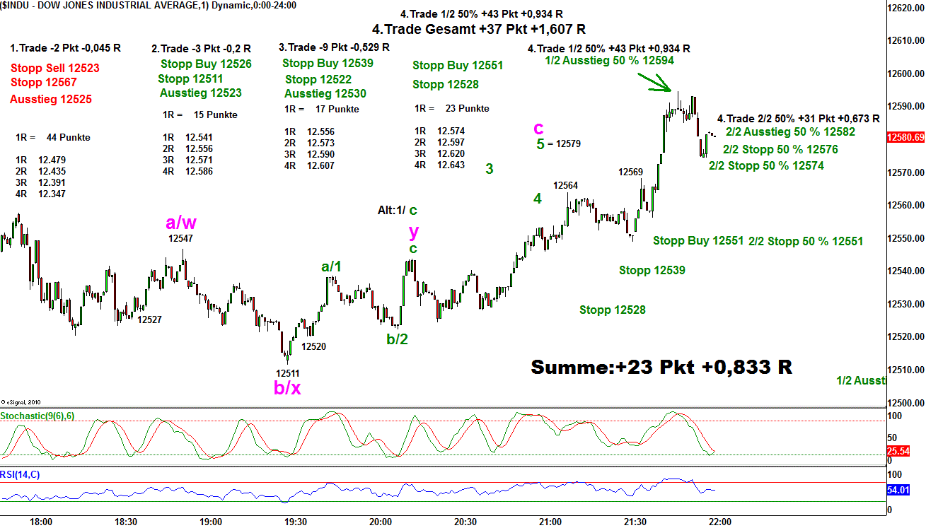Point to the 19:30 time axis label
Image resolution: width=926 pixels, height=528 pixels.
click(x=296, y=522)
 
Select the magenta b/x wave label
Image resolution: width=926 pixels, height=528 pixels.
click(x=287, y=388)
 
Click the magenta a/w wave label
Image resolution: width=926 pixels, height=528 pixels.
click(x=181, y=223)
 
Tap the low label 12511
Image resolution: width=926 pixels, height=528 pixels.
click(x=287, y=373)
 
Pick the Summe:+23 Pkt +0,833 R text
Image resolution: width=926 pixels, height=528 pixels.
click(x=661, y=368)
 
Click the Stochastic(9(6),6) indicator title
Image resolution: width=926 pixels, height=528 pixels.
click(x=37, y=416)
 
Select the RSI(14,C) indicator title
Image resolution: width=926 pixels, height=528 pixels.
click(x=21, y=474)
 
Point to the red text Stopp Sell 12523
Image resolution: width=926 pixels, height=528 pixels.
click(x=55, y=69)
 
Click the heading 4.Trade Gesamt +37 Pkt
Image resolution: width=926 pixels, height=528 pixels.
click(x=478, y=29)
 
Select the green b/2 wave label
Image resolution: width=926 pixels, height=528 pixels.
click(x=397, y=339)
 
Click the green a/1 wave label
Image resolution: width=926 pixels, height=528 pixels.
click(x=331, y=266)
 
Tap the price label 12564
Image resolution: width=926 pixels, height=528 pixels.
click(x=565, y=186)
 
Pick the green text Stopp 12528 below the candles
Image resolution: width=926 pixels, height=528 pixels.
click(x=613, y=310)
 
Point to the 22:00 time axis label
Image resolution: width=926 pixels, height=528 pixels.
click(x=720, y=522)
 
